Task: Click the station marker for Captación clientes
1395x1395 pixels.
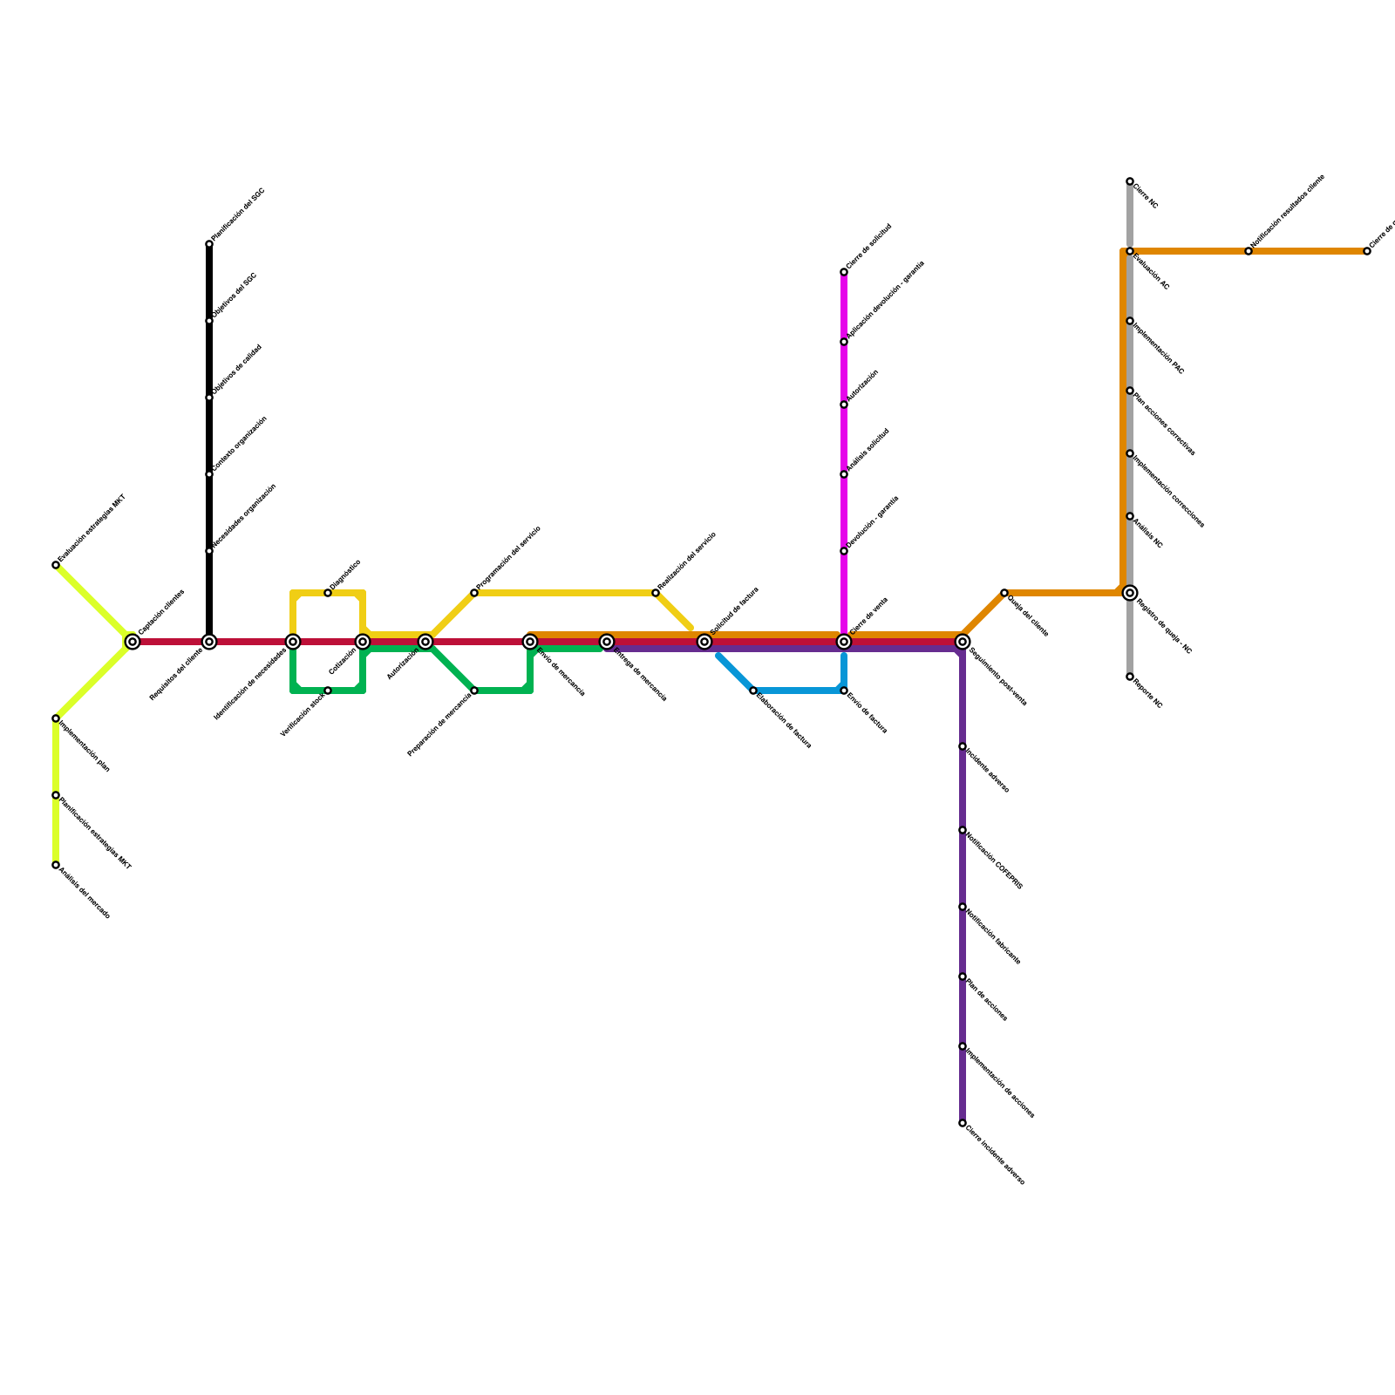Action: click(133, 642)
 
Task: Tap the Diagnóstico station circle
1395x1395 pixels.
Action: click(328, 593)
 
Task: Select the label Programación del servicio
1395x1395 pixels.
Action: click(509, 557)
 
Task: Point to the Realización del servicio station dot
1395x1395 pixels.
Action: click(656, 593)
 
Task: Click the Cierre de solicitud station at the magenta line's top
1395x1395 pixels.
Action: click(844, 272)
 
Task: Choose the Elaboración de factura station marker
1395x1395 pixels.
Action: click(753, 691)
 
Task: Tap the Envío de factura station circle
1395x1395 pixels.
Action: click(844, 691)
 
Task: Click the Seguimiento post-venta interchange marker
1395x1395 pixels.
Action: click(963, 642)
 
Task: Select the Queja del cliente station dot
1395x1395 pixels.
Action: click(1004, 593)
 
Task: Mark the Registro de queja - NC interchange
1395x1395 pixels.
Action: click(1130, 593)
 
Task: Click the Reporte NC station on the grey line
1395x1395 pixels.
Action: click(1130, 677)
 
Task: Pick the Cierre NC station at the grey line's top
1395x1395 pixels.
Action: click(1130, 181)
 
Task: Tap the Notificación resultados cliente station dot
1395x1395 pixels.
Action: click(1249, 251)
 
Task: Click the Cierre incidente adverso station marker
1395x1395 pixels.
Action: click(963, 1123)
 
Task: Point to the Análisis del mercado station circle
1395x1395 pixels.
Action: click(56, 865)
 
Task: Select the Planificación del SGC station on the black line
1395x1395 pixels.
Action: click(209, 244)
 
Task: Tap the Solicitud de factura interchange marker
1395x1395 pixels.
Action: click(704, 642)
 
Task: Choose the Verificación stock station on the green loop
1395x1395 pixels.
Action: click(328, 691)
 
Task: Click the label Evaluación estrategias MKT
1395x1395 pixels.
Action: click(92, 529)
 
